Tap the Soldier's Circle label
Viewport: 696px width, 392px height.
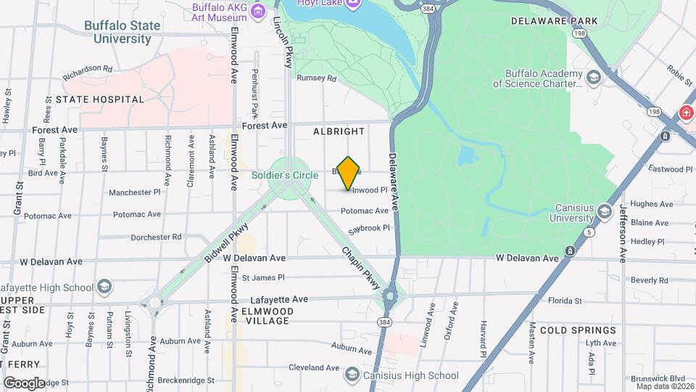coord(284,176)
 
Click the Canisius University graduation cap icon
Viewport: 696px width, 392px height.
coord(604,211)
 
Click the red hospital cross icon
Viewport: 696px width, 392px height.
coord(686,113)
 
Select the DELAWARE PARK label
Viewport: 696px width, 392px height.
coord(555,21)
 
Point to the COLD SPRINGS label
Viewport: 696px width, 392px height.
coord(578,330)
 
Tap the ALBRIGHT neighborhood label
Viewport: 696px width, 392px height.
coord(339,131)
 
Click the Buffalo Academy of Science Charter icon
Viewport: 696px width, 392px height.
coord(594,76)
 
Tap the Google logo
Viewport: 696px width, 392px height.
coord(24,383)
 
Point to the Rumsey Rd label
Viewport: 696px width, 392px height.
coord(317,78)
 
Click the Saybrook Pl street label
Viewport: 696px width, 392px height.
coord(369,227)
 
